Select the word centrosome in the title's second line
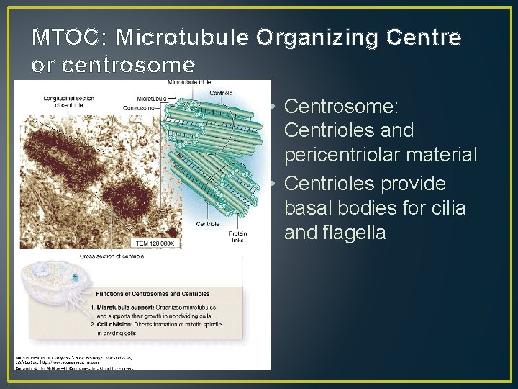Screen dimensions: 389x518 pos(129,66)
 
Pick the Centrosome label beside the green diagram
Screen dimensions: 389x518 pos(139,108)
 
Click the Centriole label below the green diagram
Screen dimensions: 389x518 pos(208,224)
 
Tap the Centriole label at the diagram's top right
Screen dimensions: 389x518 pos(220,93)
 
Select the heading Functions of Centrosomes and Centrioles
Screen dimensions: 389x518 pos(153,294)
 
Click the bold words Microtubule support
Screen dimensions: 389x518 pos(130,308)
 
